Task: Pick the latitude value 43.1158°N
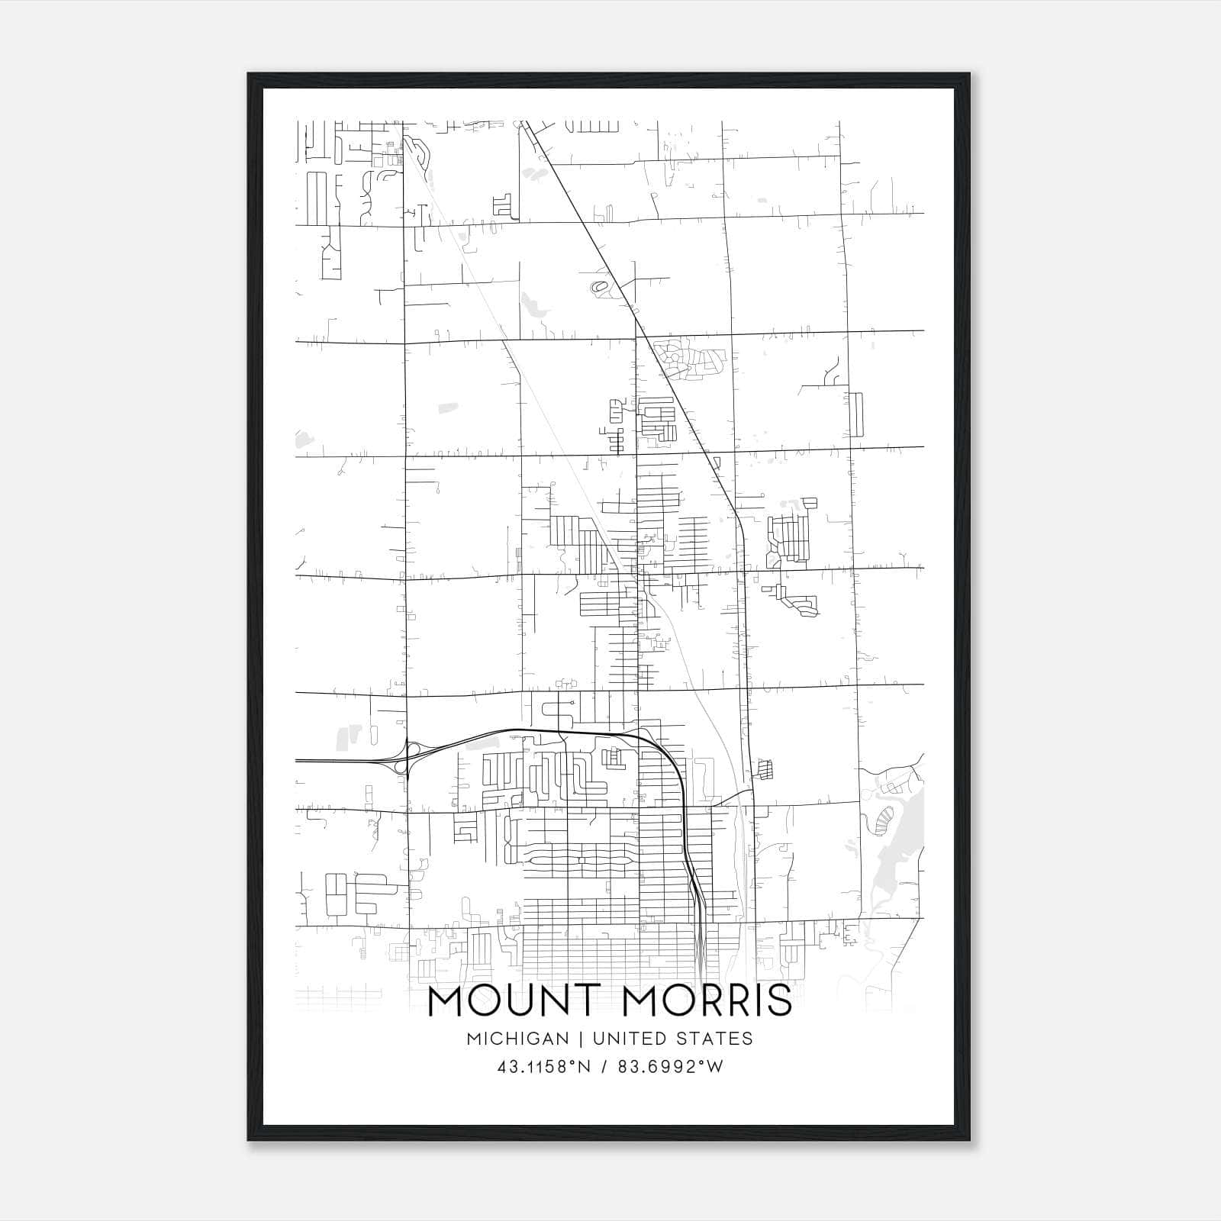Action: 543,1067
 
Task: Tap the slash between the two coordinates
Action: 604,1067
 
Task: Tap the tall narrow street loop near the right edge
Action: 858,414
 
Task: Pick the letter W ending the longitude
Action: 714,1067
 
